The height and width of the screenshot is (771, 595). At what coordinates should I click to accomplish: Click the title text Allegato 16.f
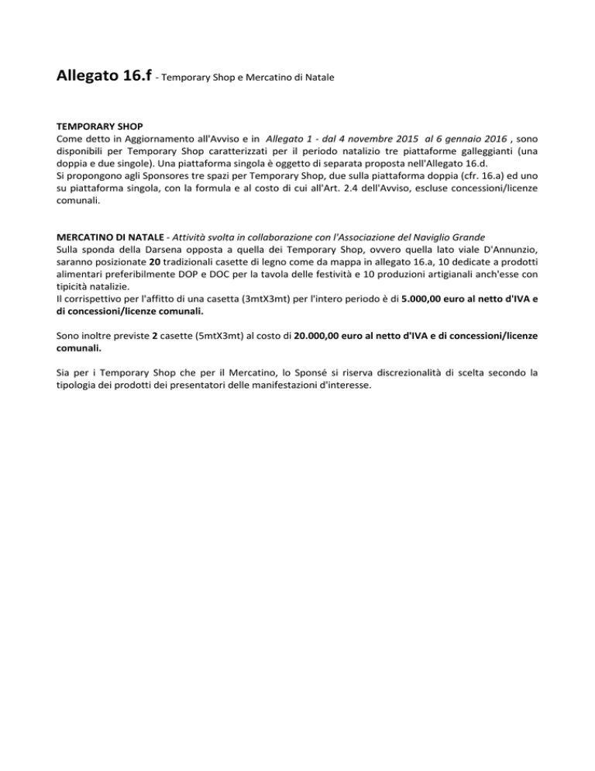point(103,77)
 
